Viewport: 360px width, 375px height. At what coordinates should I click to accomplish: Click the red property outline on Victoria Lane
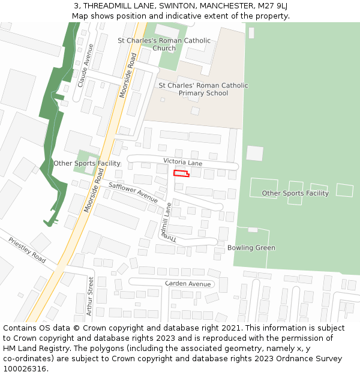pos(181,173)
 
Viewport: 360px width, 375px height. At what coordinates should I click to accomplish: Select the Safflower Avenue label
pos(133,192)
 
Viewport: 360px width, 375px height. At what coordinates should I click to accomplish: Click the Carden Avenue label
pos(188,284)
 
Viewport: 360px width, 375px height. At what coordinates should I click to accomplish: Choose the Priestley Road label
pos(27,250)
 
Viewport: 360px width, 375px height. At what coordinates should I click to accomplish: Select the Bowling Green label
pos(251,248)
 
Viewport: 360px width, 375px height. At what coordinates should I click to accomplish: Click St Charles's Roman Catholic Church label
pos(164,44)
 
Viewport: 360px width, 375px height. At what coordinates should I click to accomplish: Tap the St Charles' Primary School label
pos(203,89)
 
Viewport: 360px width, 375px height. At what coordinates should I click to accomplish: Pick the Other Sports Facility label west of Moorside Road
pos(87,163)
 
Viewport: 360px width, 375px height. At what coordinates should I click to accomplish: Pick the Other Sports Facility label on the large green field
pos(295,193)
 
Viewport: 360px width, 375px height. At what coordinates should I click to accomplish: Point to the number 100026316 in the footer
pos(25,369)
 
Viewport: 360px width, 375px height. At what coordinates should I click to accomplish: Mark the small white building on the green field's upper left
pos(254,154)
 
